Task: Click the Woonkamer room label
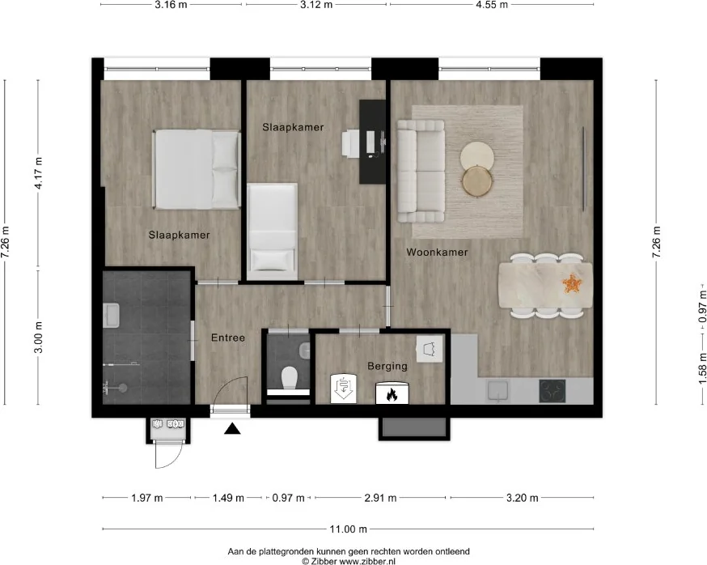(x=437, y=253)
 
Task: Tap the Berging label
(x=387, y=366)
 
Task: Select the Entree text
(x=228, y=338)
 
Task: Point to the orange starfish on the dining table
(x=572, y=283)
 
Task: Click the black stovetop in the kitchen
(x=552, y=391)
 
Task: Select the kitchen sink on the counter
(x=497, y=391)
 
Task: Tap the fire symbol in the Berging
(x=392, y=393)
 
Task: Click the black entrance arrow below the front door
(x=232, y=429)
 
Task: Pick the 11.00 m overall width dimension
(x=348, y=529)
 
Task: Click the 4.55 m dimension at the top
(x=492, y=5)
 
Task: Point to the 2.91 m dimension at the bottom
(x=380, y=498)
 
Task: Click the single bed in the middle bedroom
(x=272, y=232)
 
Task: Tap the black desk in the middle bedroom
(x=372, y=142)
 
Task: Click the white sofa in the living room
(x=421, y=171)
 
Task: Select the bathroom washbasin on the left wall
(x=111, y=315)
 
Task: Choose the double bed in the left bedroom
(x=197, y=170)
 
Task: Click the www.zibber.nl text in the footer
(x=367, y=562)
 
